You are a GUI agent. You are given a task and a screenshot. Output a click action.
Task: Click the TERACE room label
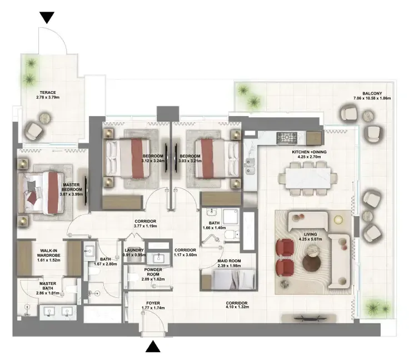pyautogui.click(x=48, y=93)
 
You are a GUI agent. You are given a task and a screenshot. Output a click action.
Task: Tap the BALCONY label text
pyautogui.click(x=372, y=93)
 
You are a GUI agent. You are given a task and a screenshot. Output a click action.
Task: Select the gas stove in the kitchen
pyautogui.click(x=287, y=138)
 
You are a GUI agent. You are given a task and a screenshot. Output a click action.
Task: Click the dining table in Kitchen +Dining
pyautogui.click(x=308, y=178)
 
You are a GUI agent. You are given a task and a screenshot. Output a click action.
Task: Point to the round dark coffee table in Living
pyautogui.click(x=312, y=263)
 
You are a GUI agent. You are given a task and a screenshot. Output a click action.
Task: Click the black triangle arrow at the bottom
pyautogui.click(x=153, y=346)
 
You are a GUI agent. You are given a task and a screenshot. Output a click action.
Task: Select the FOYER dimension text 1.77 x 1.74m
pyautogui.click(x=153, y=308)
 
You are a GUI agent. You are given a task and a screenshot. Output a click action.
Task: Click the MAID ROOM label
pyautogui.click(x=229, y=261)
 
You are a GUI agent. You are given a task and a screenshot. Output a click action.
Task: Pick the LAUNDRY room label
pyautogui.click(x=134, y=250)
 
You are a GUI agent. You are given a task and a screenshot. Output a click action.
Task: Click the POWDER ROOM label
pyautogui.click(x=153, y=272)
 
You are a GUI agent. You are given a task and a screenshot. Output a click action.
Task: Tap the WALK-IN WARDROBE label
pyautogui.click(x=48, y=253)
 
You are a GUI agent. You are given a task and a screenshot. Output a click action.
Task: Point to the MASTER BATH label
pyautogui.click(x=48, y=286)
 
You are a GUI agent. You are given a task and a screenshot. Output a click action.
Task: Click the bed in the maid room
pyautogui.click(x=228, y=279)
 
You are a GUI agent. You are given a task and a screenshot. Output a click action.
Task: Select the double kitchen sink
pyautogui.click(x=250, y=166)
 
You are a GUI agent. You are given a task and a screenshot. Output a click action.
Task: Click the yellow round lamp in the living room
pyautogui.click(x=338, y=219)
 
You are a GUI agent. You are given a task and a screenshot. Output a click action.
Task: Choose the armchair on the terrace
pyautogui.click(x=34, y=131)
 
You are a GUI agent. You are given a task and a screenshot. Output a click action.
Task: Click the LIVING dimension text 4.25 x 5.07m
pyautogui.click(x=310, y=239)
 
